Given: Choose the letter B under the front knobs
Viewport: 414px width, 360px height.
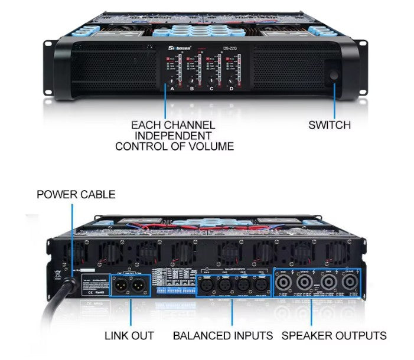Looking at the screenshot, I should click(x=192, y=89).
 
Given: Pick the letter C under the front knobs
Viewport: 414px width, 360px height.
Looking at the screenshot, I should click(x=211, y=89).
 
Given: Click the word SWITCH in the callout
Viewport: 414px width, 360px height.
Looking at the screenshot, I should click(x=330, y=125).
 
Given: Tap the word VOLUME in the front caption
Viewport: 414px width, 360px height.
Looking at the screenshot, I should click(x=203, y=146).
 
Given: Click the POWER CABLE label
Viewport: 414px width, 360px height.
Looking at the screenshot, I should click(x=76, y=194).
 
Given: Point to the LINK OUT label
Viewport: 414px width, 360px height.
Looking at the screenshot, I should click(x=129, y=336).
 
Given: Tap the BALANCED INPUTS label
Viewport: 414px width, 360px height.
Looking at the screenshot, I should click(x=223, y=336).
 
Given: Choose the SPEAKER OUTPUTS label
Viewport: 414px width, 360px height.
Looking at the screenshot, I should click(x=334, y=336).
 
